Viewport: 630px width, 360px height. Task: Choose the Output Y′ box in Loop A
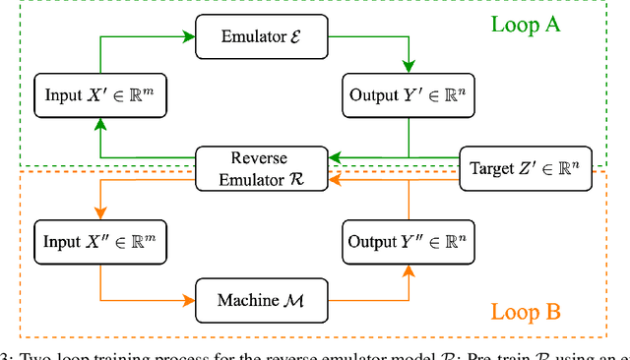[407, 96]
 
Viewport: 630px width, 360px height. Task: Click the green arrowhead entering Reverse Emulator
[333, 156]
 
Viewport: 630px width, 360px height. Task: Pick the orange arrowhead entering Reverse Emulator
[333, 177]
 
